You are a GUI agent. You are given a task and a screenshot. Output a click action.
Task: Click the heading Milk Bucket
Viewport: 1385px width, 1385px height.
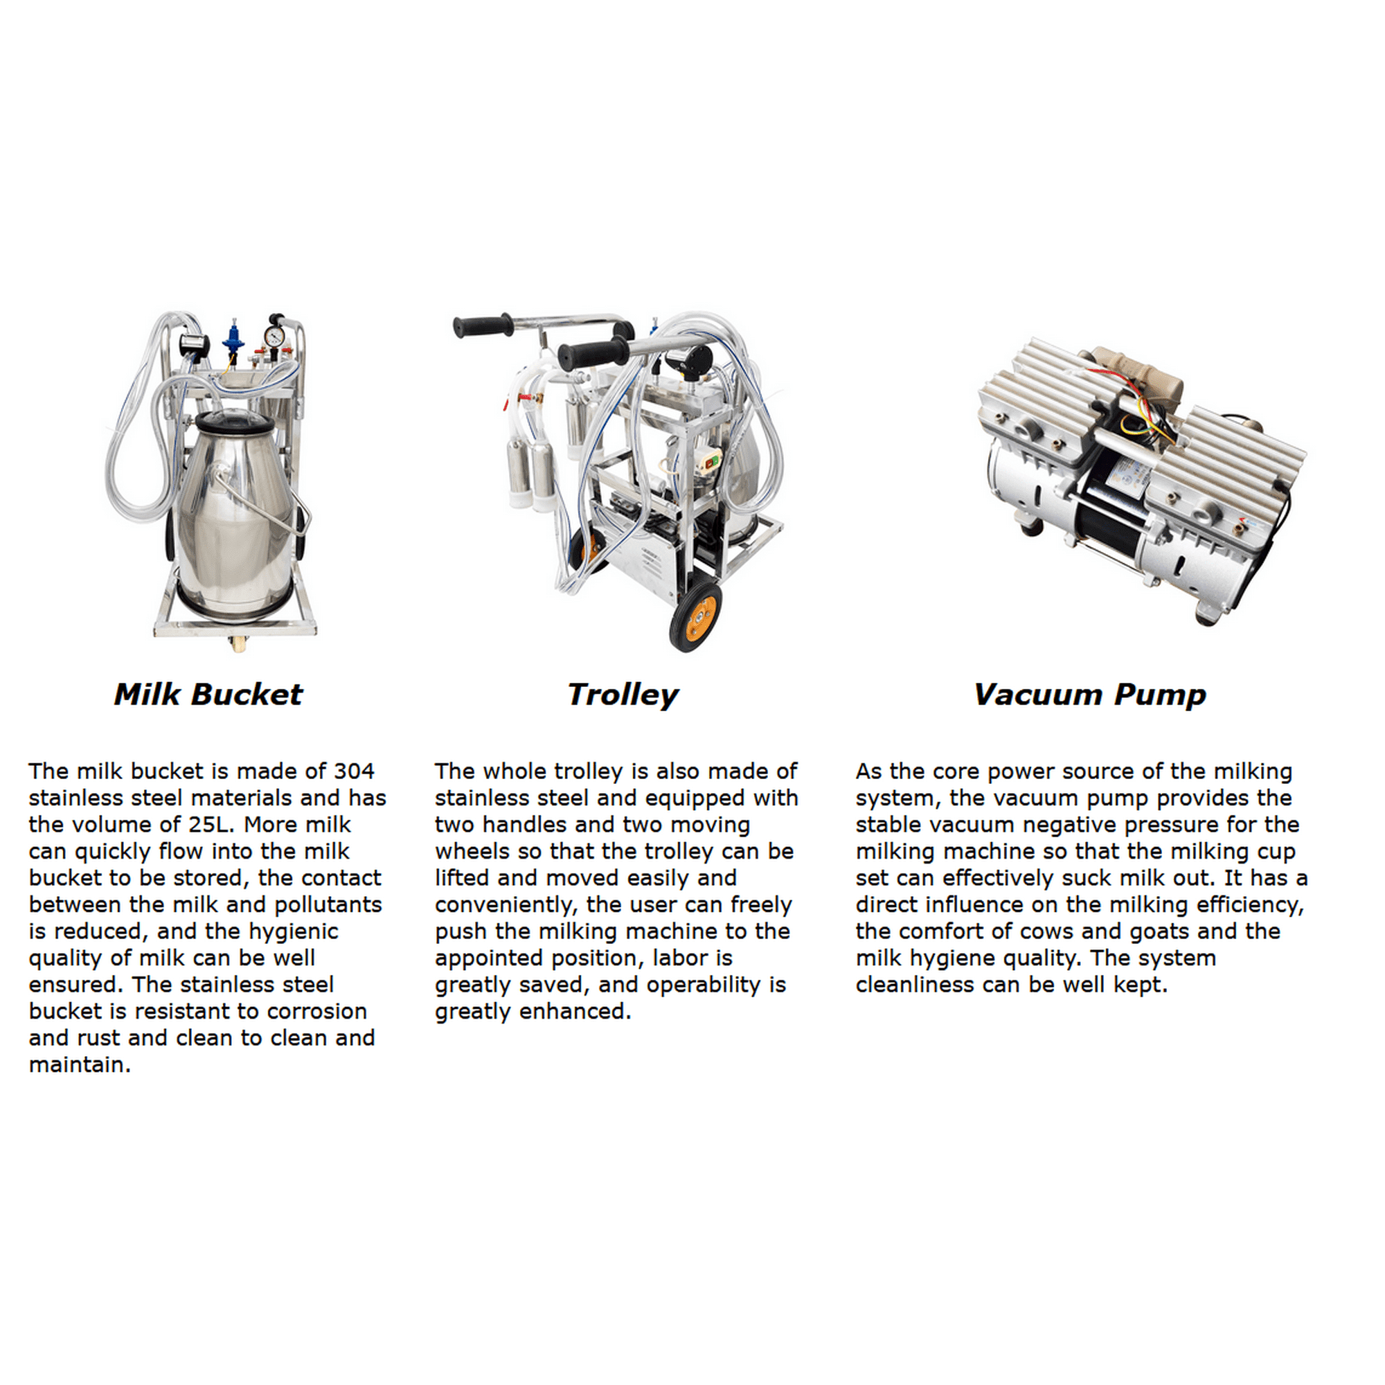tap(208, 695)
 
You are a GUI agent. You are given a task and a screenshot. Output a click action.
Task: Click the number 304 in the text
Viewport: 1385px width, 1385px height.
tap(354, 771)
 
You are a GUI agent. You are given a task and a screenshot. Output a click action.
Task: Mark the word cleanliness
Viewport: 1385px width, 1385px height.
tap(915, 985)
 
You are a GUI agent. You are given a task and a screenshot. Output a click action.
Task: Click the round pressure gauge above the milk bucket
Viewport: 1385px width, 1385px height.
tap(273, 335)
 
